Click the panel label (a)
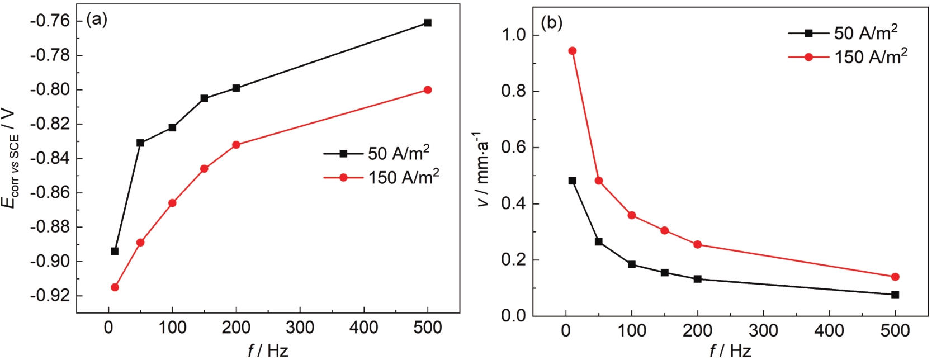click(x=96, y=20)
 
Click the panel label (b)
click(x=551, y=23)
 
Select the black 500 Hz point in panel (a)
click(x=428, y=23)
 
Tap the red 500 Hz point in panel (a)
click(x=428, y=90)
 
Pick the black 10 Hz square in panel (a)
click(x=115, y=251)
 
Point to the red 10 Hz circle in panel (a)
click(x=115, y=287)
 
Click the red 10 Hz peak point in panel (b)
click(x=572, y=51)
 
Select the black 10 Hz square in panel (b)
click(x=572, y=181)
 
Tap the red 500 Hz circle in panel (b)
click(x=895, y=277)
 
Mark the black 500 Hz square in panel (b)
click(x=895, y=295)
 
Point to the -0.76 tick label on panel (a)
click(x=50, y=21)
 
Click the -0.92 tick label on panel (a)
click(x=50, y=296)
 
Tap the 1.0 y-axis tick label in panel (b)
click(x=514, y=35)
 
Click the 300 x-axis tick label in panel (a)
click(x=300, y=328)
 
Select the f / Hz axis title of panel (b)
click(x=730, y=351)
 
